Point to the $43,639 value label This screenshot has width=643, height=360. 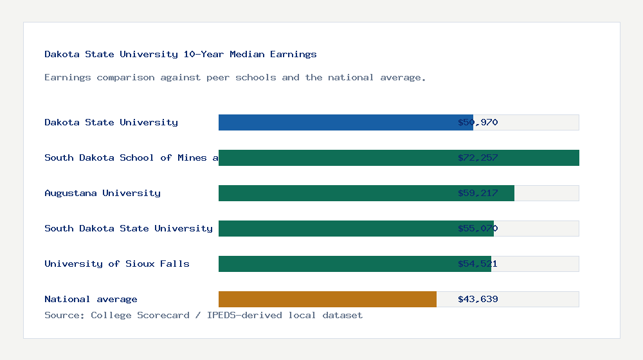coord(478,299)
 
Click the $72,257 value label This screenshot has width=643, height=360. coord(478,157)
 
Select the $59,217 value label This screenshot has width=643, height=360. coord(478,193)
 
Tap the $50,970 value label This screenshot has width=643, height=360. coord(478,122)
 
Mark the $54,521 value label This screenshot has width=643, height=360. coord(478,264)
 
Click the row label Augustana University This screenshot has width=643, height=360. coord(102,193)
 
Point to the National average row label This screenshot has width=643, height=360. coord(91,299)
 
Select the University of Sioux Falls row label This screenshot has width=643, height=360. coord(117,264)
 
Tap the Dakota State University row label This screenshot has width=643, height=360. coord(111,122)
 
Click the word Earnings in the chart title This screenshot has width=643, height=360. coord(293,55)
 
